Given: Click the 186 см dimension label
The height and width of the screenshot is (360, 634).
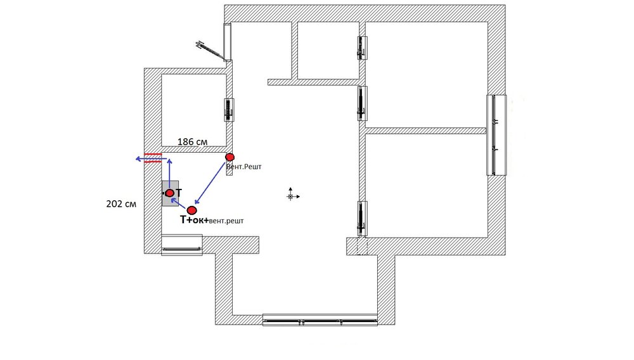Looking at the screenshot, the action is (193, 142).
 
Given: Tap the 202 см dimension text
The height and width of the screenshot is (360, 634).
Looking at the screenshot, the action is (121, 204).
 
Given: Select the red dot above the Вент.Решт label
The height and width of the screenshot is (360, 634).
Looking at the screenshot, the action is (230, 157).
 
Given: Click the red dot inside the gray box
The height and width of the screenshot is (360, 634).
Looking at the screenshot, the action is (170, 193).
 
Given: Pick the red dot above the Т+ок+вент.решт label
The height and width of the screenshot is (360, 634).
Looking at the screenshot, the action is (191, 210).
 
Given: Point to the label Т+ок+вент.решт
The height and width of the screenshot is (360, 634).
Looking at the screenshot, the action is (212, 220).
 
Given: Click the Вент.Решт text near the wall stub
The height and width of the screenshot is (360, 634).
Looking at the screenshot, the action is (244, 167).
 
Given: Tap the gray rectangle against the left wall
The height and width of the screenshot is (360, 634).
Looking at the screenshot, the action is (170, 193).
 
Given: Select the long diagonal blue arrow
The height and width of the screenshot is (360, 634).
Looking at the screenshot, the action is (210, 183).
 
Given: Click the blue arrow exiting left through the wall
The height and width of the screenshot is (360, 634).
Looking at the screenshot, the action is (151, 159).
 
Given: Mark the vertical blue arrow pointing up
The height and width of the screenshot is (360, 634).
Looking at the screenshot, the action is (169, 174).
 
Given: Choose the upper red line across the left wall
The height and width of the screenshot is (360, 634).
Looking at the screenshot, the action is (153, 155).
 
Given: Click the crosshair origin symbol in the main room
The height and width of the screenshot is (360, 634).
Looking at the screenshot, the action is (290, 196).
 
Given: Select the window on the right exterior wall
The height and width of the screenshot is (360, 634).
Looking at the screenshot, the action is (496, 135).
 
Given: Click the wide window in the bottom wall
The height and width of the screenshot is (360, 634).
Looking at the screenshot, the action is (320, 319).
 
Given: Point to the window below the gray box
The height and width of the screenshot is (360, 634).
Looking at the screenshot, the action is (182, 245).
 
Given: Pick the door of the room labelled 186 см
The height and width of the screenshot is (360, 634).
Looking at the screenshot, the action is (230, 110).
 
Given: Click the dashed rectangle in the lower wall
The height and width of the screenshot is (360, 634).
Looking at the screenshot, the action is (362, 246).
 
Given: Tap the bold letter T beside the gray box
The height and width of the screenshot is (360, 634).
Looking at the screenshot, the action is (178, 193).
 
